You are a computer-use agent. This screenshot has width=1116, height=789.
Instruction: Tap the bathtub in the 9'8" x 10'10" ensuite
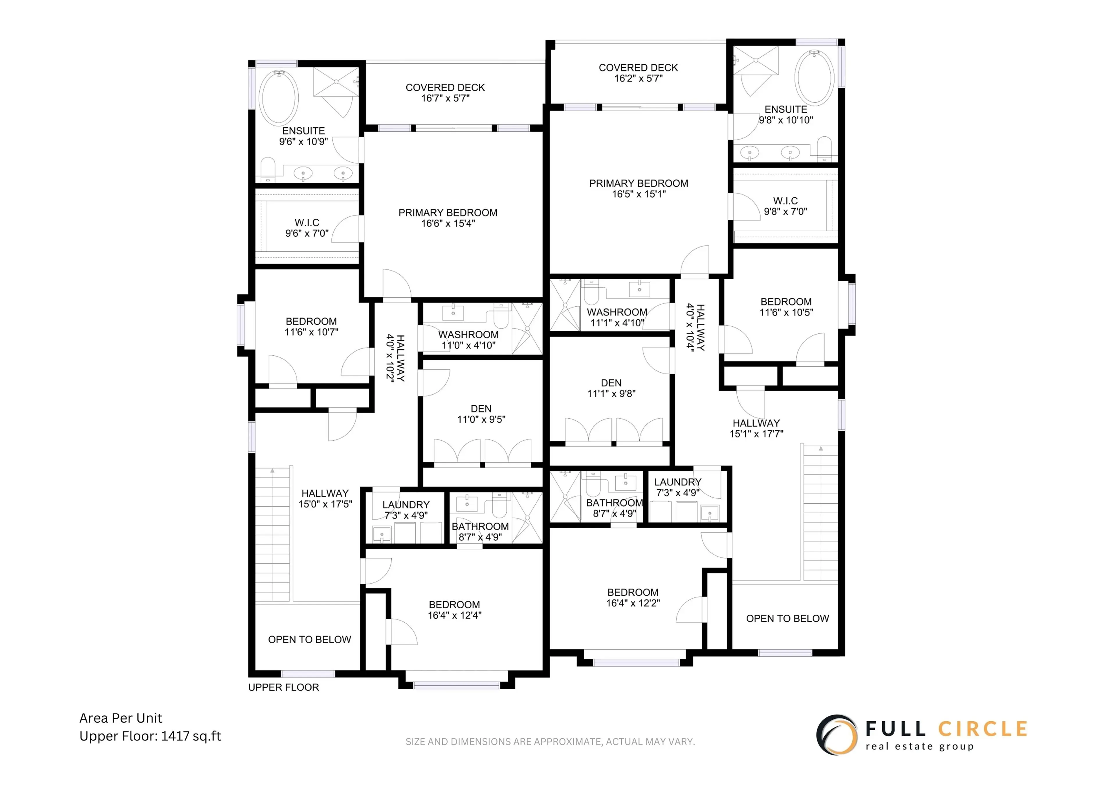point(815,78)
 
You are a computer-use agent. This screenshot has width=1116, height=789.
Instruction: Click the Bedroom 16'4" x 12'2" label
point(633,597)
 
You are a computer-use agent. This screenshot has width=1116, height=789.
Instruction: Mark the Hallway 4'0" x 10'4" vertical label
point(695,327)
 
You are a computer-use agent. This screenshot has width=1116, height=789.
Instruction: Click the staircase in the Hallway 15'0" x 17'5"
point(273,535)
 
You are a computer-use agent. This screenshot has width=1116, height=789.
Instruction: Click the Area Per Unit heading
point(121,718)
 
